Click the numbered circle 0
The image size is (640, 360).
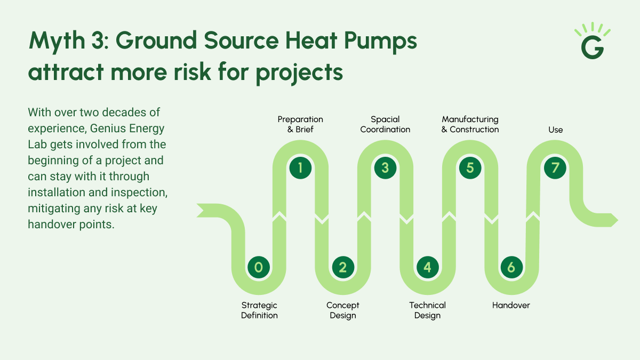(x=259, y=267)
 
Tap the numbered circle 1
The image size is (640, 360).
(x=300, y=168)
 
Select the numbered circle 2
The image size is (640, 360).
(x=343, y=267)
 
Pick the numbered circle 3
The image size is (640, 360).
(x=385, y=168)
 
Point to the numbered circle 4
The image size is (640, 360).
(x=427, y=267)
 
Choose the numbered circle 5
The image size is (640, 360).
(x=470, y=168)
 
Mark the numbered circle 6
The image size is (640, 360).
(x=511, y=267)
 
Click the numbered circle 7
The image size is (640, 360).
(x=555, y=168)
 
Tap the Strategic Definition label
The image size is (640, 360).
(x=259, y=310)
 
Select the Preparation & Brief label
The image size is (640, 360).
(x=300, y=124)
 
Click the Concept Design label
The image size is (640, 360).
(x=343, y=310)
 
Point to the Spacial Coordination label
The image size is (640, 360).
(x=385, y=124)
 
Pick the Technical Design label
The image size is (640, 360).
(x=427, y=310)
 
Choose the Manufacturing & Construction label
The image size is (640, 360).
(x=470, y=124)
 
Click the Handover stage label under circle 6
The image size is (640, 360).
(x=511, y=306)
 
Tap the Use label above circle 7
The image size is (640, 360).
(x=555, y=130)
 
